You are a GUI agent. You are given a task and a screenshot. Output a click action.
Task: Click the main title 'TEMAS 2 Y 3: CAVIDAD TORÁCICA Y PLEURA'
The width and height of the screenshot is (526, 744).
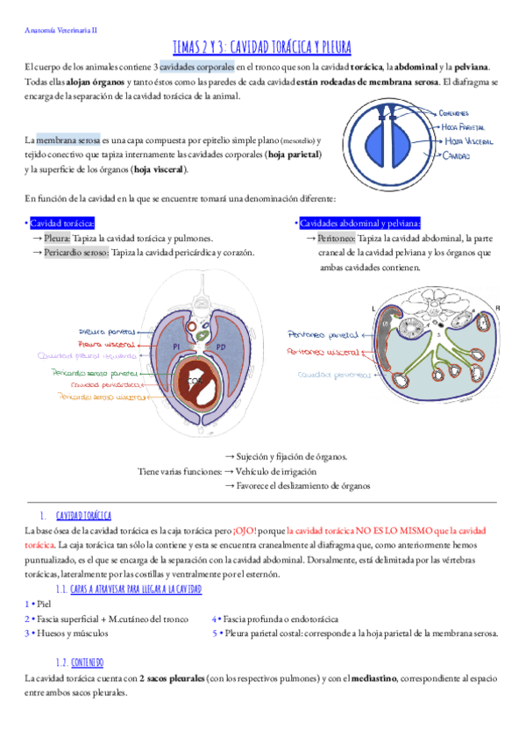[x=262, y=48]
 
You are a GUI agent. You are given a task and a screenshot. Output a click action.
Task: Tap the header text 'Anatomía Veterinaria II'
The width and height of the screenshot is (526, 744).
[x=60, y=29]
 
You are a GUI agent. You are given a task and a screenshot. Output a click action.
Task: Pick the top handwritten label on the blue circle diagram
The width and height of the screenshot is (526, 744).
[x=457, y=112]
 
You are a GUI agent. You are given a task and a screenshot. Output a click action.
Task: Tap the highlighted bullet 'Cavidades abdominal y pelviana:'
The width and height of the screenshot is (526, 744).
[x=359, y=223]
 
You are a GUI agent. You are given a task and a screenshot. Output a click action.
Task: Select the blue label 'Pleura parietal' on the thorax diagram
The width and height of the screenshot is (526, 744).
[x=107, y=333]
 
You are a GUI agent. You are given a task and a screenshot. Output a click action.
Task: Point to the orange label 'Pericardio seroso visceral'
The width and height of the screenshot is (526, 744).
[x=101, y=397]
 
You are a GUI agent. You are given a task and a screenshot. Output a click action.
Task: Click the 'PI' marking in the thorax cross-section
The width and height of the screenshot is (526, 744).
[x=176, y=348]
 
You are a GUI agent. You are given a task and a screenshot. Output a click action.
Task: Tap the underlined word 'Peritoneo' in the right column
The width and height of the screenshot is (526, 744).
[x=336, y=238]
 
